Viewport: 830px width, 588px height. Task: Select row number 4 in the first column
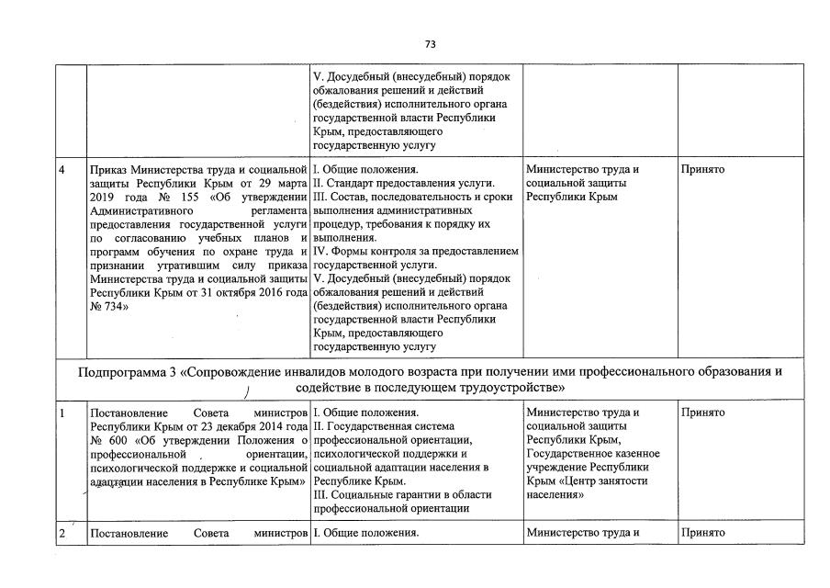(62, 170)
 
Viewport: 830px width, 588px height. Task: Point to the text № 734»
(108, 308)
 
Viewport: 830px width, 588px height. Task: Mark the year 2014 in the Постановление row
(258, 426)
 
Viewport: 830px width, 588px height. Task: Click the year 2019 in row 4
(106, 198)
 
